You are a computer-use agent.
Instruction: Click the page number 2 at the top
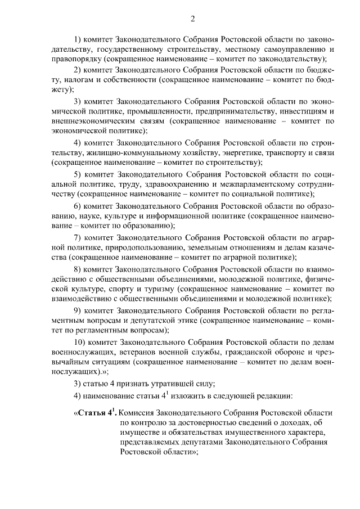[192, 20]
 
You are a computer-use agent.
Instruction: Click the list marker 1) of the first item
[79, 40]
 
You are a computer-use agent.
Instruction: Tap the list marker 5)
[79, 174]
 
